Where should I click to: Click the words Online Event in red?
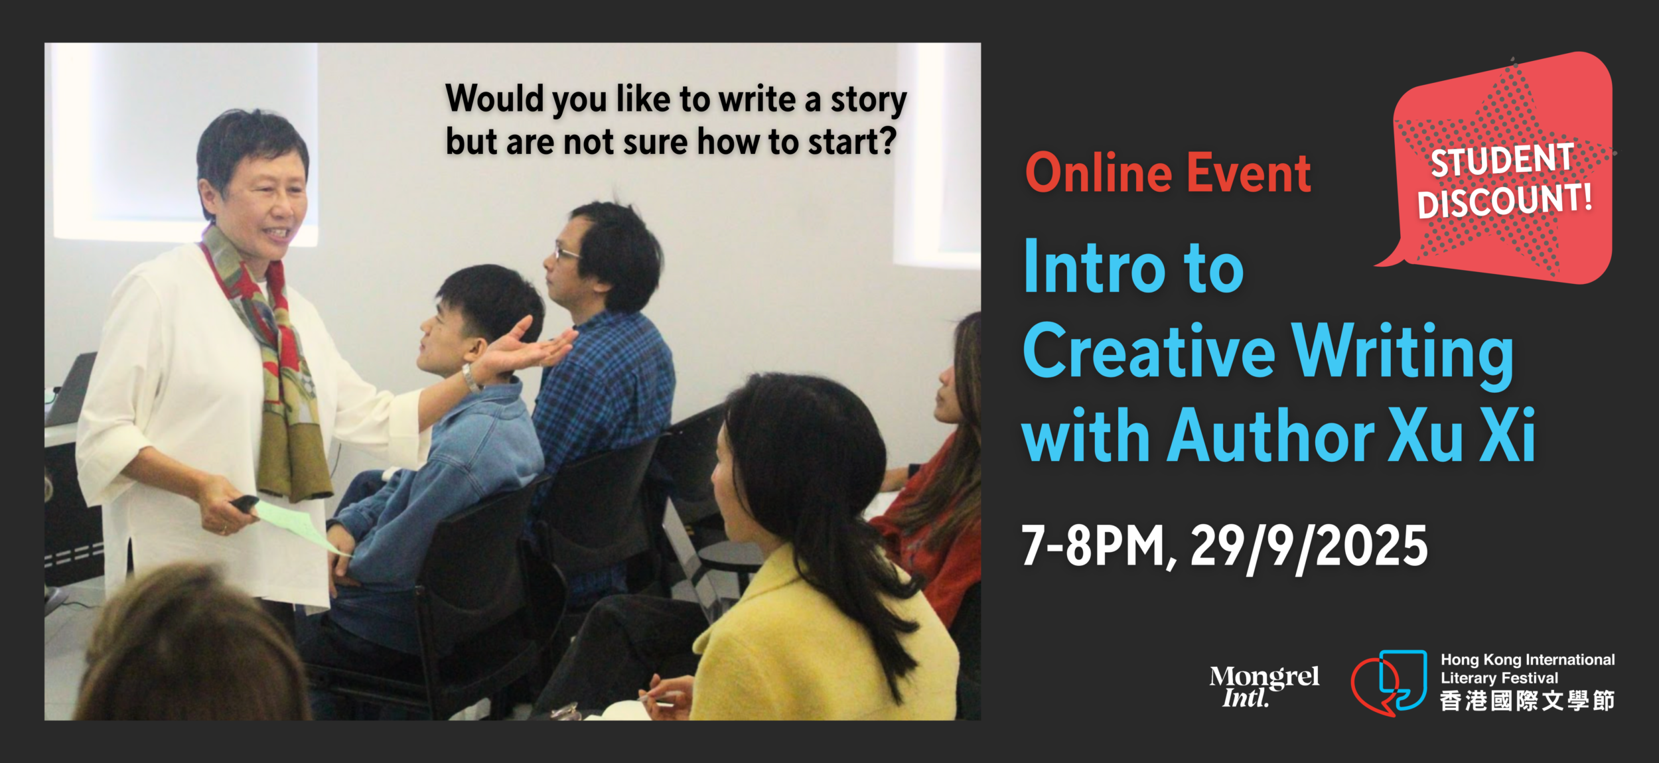pos(1168,173)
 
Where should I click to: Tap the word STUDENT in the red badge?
pos(1502,160)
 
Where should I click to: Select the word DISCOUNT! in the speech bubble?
pos(1504,200)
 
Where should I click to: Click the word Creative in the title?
pos(1149,351)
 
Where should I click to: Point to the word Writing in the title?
pos(1403,356)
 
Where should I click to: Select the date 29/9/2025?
pos(1309,548)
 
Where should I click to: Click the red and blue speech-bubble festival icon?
pos(1389,683)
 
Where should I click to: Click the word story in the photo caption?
pos(869,101)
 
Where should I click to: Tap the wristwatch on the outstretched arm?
pos(471,379)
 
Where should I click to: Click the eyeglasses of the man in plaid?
pos(567,253)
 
